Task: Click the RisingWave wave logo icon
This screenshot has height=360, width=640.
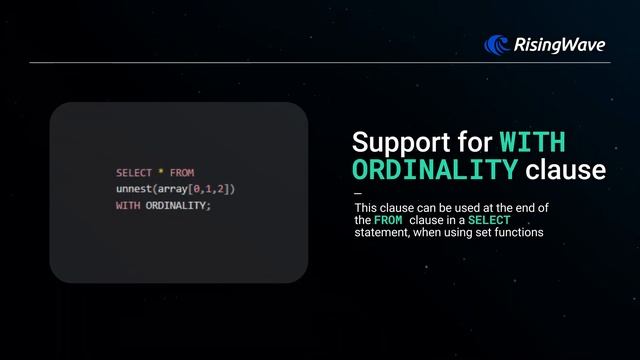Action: pos(498,43)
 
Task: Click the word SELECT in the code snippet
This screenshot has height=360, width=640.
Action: pos(133,173)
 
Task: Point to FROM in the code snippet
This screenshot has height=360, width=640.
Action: pos(182,173)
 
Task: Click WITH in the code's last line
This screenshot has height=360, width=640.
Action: pos(128,205)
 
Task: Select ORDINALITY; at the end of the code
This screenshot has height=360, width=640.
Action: pos(179,205)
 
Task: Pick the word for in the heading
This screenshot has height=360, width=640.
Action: pos(475,140)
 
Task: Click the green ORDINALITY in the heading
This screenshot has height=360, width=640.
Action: pos(435,170)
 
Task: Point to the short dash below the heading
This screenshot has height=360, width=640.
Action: pos(359,194)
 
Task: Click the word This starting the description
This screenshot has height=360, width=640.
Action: pos(366,207)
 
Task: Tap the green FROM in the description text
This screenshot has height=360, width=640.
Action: pos(389,220)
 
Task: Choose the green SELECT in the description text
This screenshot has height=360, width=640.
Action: pos(490,220)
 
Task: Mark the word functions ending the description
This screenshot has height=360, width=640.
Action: pos(517,233)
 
